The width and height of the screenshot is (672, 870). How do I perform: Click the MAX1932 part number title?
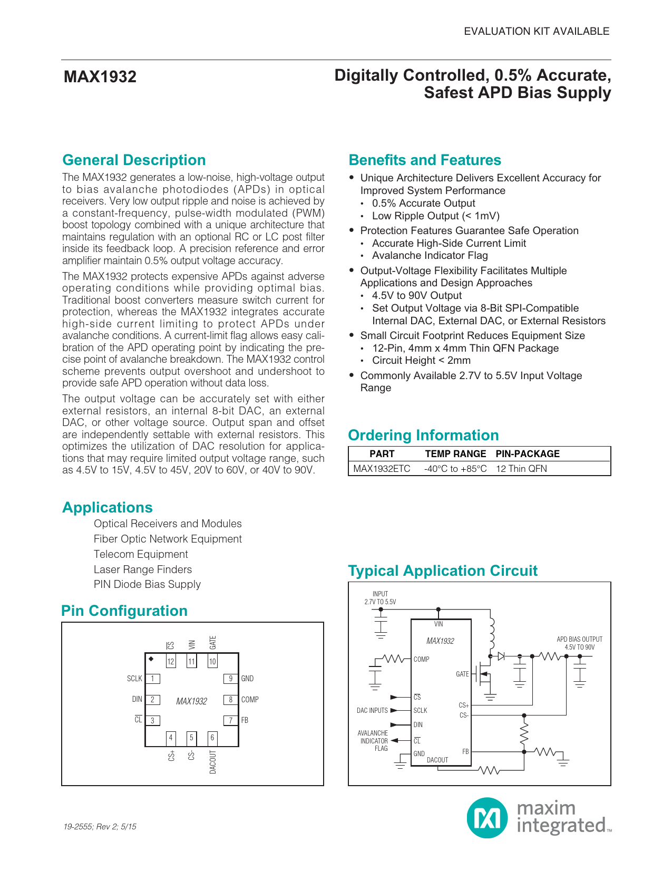tap(100, 77)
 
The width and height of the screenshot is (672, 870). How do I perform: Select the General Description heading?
tap(134, 160)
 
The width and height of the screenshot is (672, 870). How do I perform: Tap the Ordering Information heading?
tap(423, 436)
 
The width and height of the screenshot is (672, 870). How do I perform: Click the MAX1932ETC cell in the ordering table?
tap(382, 469)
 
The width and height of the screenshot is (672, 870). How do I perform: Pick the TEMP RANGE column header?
tap(455, 454)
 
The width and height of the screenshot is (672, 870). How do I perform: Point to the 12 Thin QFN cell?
tap(521, 469)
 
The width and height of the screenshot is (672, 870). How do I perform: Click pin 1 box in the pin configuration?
tap(152, 679)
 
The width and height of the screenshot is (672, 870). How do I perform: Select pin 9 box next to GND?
tap(230, 679)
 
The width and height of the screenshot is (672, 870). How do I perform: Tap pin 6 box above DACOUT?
tap(212, 738)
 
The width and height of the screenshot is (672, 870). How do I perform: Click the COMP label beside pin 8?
tap(250, 700)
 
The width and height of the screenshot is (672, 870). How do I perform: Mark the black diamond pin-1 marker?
tap(151, 659)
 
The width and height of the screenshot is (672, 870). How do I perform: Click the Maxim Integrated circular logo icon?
tap(487, 818)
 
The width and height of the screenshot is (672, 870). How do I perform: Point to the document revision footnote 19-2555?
tap(100, 827)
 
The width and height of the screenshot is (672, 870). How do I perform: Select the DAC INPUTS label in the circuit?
tap(372, 711)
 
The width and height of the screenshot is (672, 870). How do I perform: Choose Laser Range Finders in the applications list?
tap(143, 569)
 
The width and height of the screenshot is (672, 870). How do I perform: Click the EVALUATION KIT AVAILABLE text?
tap(536, 32)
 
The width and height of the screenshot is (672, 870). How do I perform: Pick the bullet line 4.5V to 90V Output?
tap(416, 296)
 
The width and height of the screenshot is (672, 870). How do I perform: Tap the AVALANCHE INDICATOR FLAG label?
tap(373, 741)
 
